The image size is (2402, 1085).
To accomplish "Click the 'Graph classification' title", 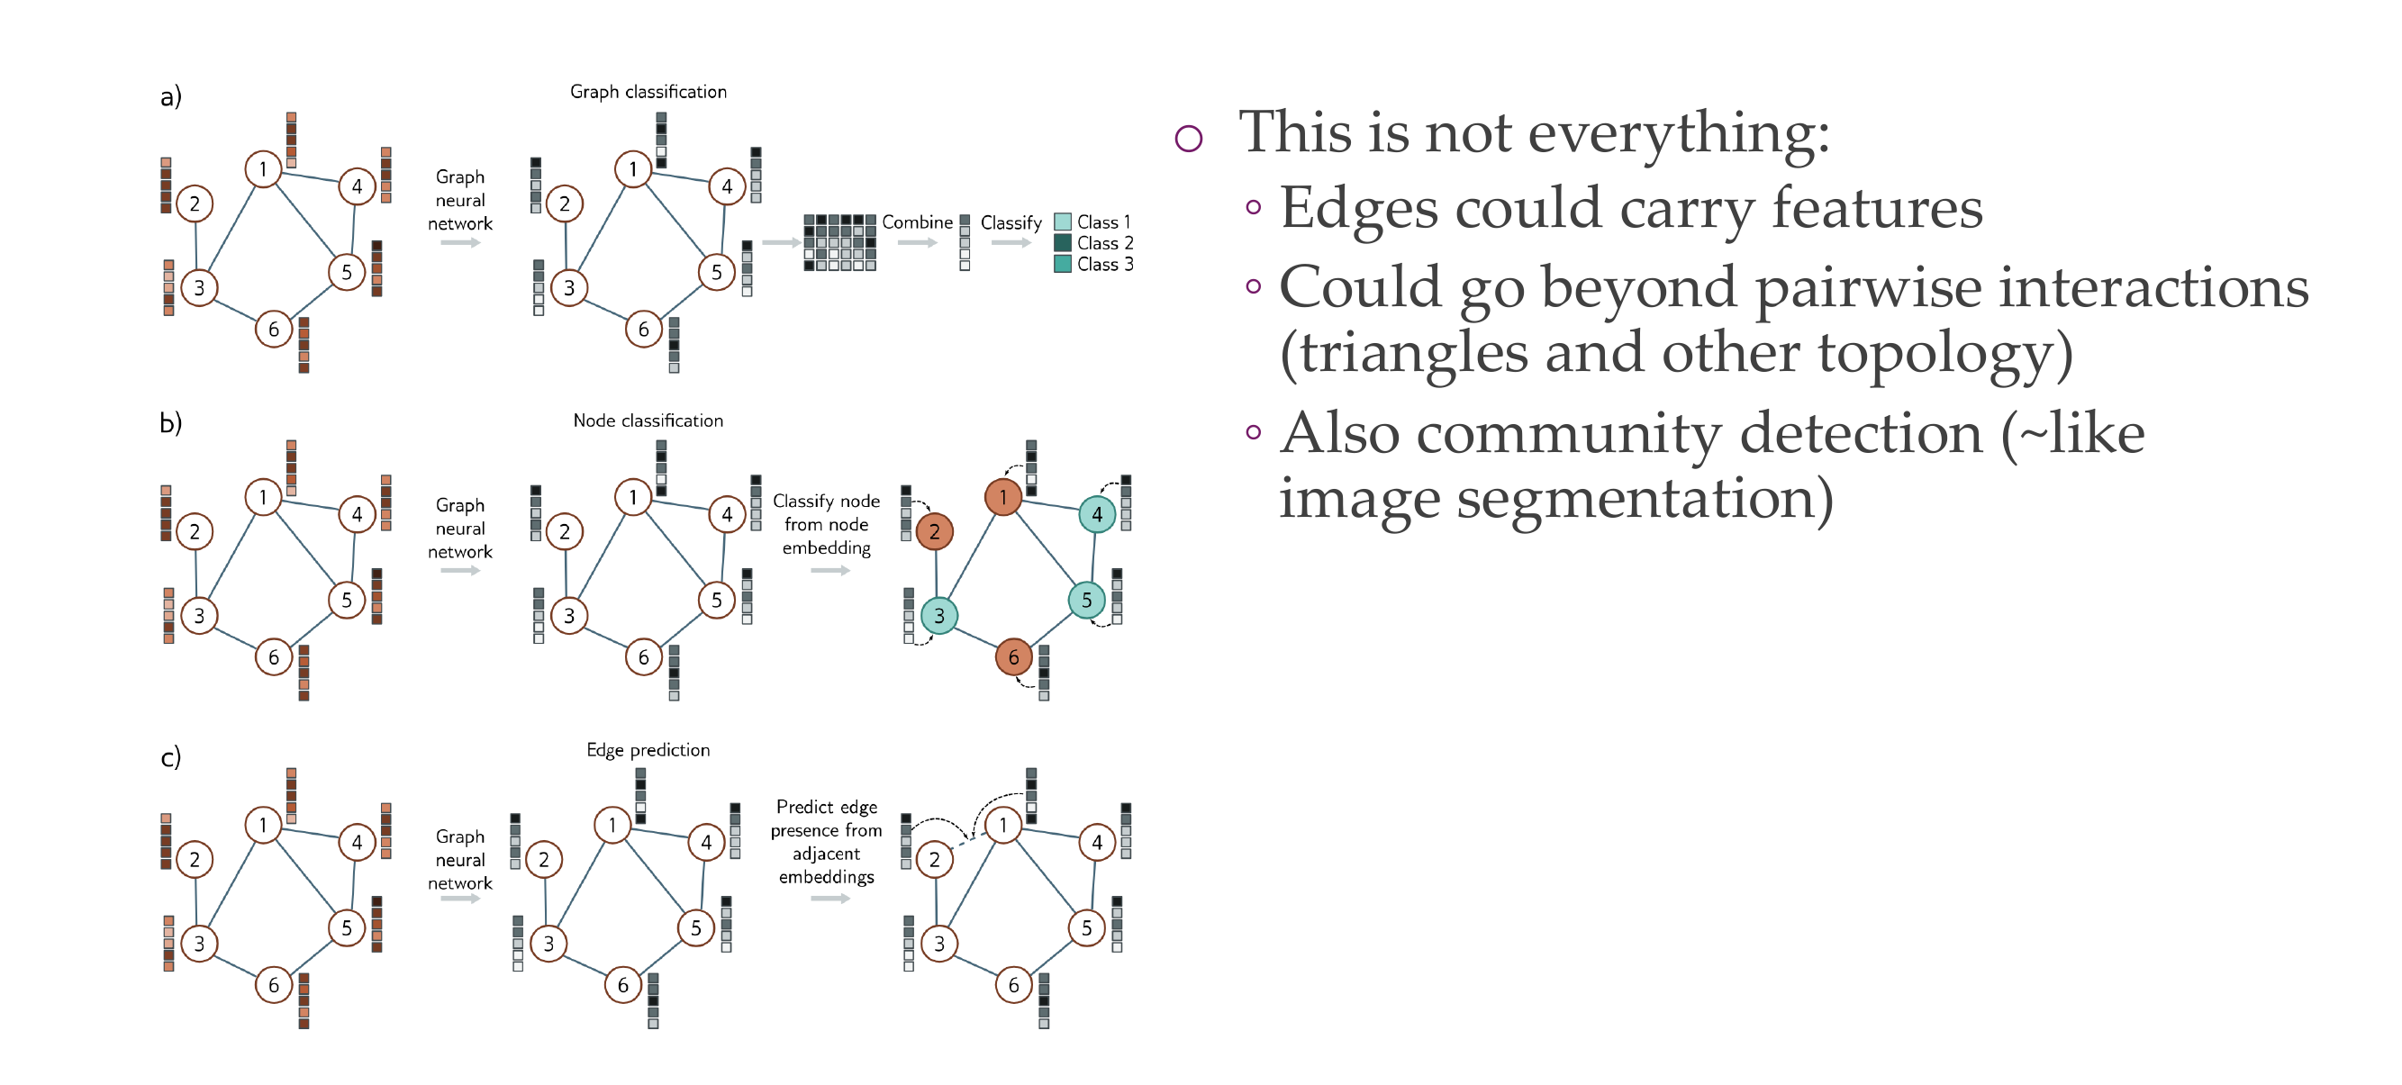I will pyautogui.click(x=648, y=91).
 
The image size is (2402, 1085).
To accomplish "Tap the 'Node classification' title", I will pyautogui.click(x=648, y=420).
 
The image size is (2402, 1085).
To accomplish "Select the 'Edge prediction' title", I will pyautogui.click(x=648, y=749).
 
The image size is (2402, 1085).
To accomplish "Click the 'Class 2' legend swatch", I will pyautogui.click(x=1062, y=242).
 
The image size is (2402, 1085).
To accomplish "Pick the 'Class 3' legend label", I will pyautogui.click(x=1105, y=264).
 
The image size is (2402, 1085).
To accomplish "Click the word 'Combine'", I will pyautogui.click(x=918, y=222).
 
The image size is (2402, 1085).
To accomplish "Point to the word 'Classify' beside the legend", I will pyautogui.click(x=1011, y=222).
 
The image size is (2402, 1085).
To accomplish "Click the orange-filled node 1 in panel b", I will pyautogui.click(x=1002, y=497).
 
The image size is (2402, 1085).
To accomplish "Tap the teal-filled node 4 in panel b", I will pyautogui.click(x=1097, y=513).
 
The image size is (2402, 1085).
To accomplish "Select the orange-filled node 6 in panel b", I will pyautogui.click(x=1013, y=656).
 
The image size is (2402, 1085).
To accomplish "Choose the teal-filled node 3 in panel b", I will pyautogui.click(x=939, y=615).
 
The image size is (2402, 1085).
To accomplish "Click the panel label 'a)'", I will pyautogui.click(x=170, y=96).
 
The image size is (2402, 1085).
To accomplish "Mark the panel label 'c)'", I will pyautogui.click(x=170, y=756).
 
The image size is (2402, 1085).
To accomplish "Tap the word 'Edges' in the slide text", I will pyautogui.click(x=1358, y=207).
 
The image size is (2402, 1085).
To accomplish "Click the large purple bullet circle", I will pyautogui.click(x=1189, y=139).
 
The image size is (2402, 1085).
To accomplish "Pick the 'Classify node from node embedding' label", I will pyautogui.click(x=826, y=524).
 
